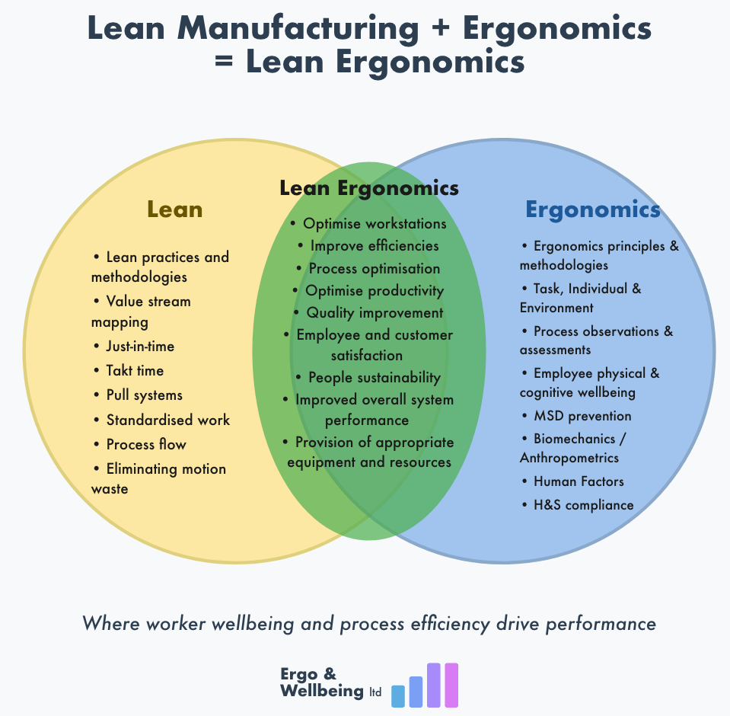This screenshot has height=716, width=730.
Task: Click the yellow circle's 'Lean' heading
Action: pyautogui.click(x=174, y=209)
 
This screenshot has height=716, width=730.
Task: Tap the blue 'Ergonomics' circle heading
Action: pyautogui.click(x=592, y=209)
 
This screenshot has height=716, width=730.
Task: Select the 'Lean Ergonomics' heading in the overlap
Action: pyautogui.click(x=369, y=187)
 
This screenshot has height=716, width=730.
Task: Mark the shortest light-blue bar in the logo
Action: pyautogui.click(x=397, y=695)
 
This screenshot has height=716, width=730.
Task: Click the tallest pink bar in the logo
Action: pyautogui.click(x=451, y=685)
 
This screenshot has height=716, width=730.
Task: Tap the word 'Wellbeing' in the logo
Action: pyautogui.click(x=322, y=691)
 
